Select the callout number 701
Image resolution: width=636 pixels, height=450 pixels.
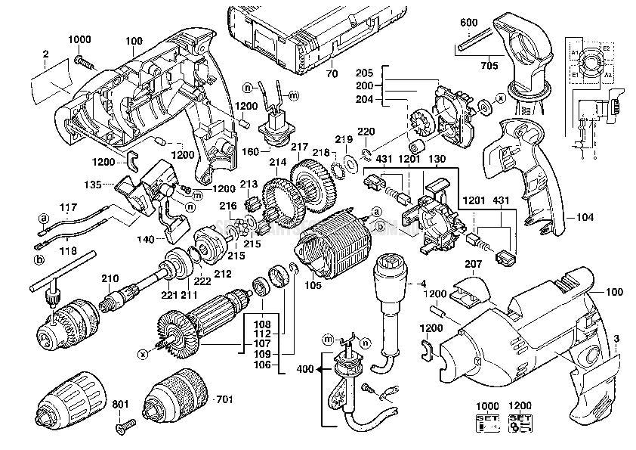click(225, 398)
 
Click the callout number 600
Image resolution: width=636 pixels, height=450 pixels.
click(468, 23)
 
